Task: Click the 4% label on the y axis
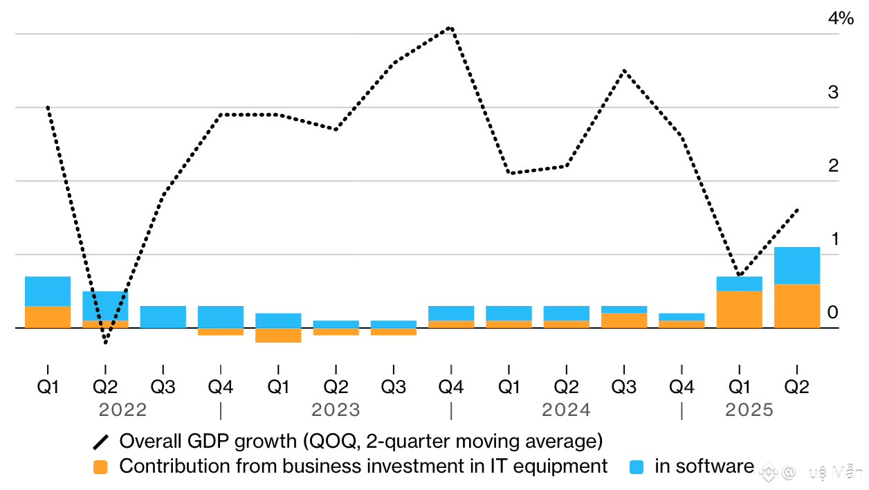841,19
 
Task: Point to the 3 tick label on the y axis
833,93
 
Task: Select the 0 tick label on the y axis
833,313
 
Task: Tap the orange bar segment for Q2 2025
797,306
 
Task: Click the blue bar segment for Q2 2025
797,266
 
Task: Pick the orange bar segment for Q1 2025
739,309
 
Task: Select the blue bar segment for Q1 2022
48,291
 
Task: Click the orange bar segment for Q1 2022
48,317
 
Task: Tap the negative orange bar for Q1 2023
278,336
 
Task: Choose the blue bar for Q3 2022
163,317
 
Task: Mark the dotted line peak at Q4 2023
451,28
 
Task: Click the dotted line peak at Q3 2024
624,71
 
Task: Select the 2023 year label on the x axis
336,410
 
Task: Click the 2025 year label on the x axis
749,410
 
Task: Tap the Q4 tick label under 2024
682,387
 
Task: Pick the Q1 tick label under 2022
48,387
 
